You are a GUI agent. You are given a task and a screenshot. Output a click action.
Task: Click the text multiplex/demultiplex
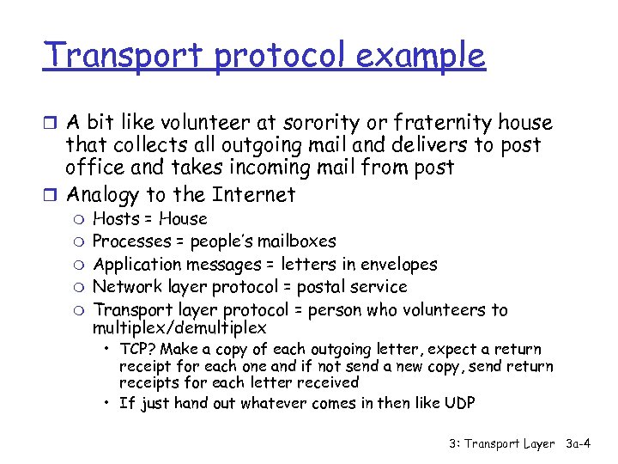click(x=179, y=328)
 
